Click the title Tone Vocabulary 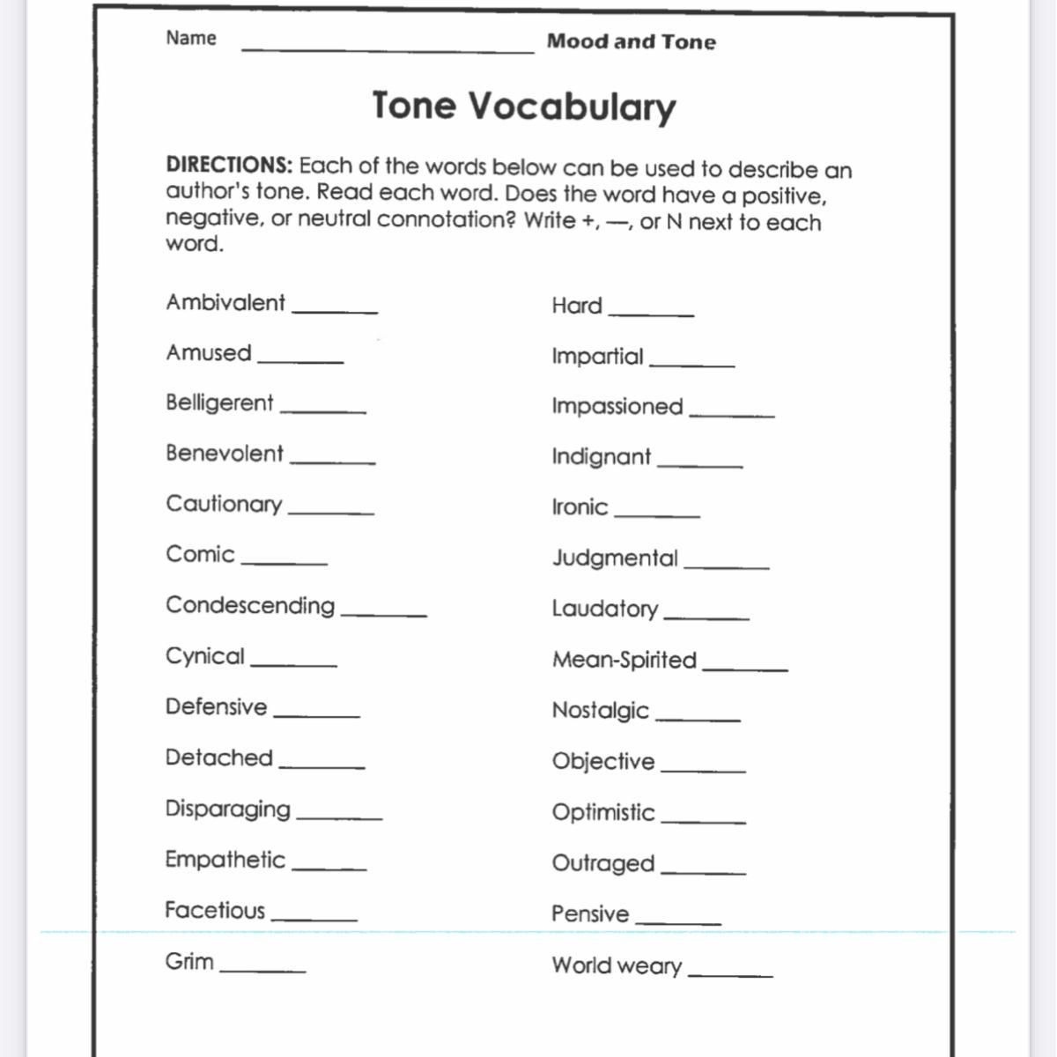[x=524, y=107]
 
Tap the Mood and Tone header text [x=631, y=41]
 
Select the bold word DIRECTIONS [x=229, y=165]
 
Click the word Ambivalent [x=225, y=303]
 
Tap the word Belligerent [x=219, y=403]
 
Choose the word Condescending [x=250, y=606]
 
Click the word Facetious [x=215, y=911]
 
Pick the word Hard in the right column [x=577, y=307]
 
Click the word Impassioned [x=617, y=407]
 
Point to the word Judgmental [x=615, y=558]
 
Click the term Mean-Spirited [x=625, y=661]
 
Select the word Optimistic [x=603, y=813]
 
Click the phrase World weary [x=617, y=966]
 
